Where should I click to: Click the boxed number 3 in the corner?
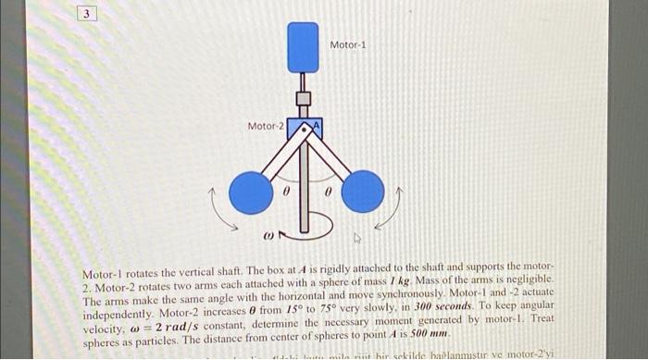coord(85,15)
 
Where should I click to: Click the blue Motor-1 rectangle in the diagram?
coord(304,47)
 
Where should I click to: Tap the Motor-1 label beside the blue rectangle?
coord(347,43)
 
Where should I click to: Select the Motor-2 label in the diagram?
coord(265,125)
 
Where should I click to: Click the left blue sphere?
coord(250,192)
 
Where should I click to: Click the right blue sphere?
coord(362,192)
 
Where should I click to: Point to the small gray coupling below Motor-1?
coord(303,97)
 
